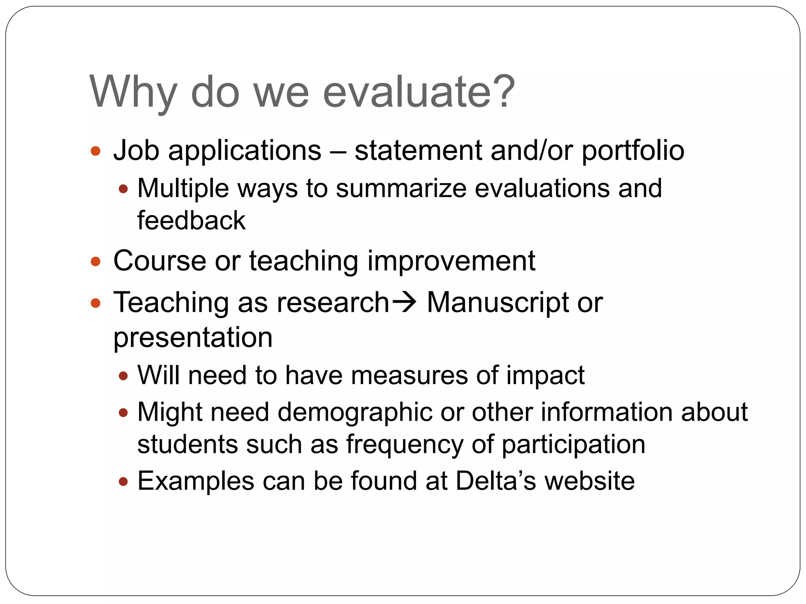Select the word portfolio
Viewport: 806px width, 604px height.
pyautogui.click(x=633, y=151)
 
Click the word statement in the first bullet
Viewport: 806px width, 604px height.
pyautogui.click(x=418, y=151)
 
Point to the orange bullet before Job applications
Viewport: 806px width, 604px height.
pyautogui.click(x=96, y=151)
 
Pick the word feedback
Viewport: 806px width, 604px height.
pyautogui.click(x=191, y=220)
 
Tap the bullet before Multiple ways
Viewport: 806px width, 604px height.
pyautogui.click(x=123, y=189)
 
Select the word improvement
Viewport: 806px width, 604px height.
pyautogui.click(x=451, y=261)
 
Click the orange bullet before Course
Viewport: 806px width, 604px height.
pyautogui.click(x=96, y=261)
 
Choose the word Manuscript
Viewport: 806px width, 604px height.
pyautogui.click(x=498, y=303)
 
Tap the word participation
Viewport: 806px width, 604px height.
pyautogui.click(x=573, y=445)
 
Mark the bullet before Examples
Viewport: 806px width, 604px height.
pyautogui.click(x=123, y=481)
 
